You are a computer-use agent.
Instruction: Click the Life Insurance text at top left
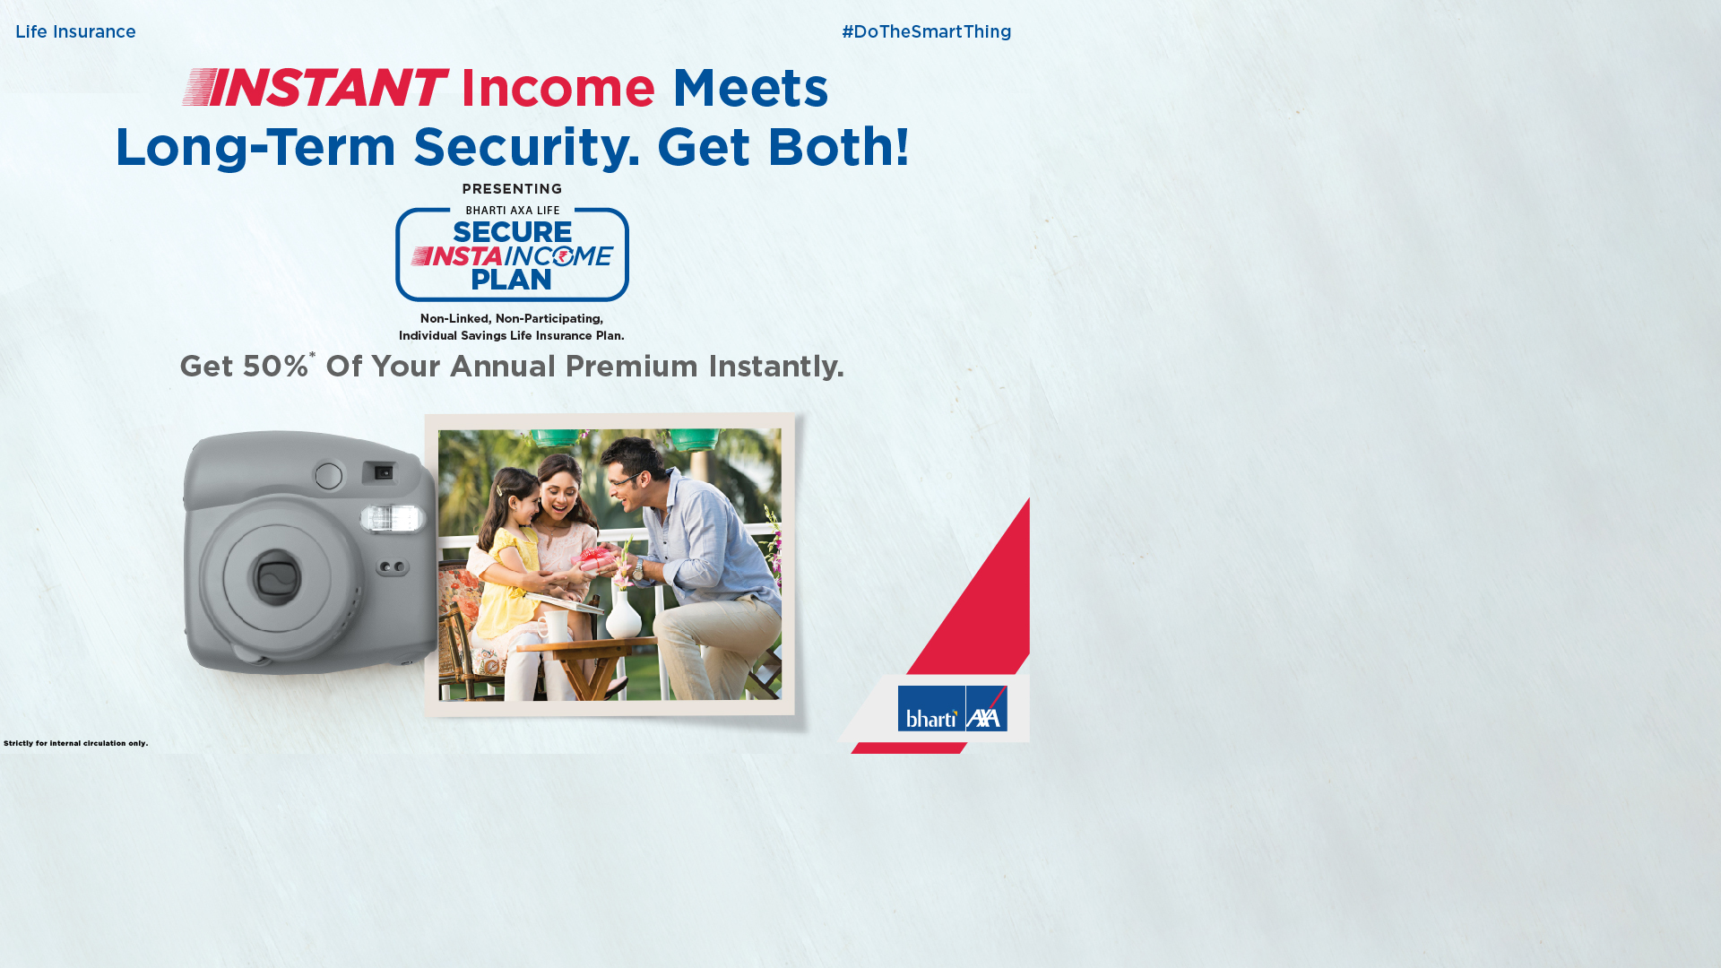[75, 32]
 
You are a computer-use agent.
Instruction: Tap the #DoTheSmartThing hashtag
[926, 32]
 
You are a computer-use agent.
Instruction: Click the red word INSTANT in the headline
[315, 88]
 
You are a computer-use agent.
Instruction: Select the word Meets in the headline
[750, 88]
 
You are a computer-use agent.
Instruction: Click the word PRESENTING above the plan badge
[512, 189]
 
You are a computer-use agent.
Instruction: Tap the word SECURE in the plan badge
[512, 232]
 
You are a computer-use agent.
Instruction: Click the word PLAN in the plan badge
[512, 280]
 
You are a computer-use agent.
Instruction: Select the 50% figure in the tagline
[275, 367]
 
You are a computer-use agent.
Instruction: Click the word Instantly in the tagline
[776, 367]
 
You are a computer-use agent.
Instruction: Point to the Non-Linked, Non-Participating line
[512, 319]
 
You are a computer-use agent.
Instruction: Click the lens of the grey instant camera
[277, 577]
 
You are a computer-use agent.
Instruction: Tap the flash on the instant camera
[393, 518]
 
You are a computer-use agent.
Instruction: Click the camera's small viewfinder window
[384, 472]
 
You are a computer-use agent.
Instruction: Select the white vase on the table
[625, 614]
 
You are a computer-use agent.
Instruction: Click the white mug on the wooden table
[553, 627]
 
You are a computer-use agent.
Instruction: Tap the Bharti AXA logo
[953, 709]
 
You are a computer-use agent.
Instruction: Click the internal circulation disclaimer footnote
[76, 743]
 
